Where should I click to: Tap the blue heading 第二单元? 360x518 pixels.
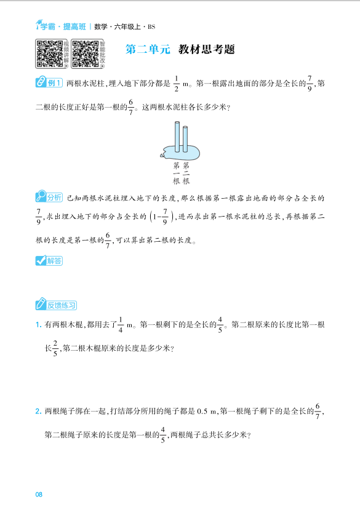pyautogui.click(x=147, y=50)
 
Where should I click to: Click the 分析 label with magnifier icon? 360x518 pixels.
pyautogui.click(x=50, y=197)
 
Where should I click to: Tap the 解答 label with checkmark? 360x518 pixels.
pyautogui.click(x=49, y=261)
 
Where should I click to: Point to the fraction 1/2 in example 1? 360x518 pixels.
pyautogui.click(x=176, y=84)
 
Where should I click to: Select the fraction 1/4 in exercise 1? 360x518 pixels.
pyautogui.click(x=121, y=324)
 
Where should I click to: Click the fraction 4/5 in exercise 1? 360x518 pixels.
pyautogui.click(x=220, y=324)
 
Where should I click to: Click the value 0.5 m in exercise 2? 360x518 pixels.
pyautogui.click(x=207, y=411)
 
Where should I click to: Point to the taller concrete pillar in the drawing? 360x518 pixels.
pyautogui.click(x=177, y=136)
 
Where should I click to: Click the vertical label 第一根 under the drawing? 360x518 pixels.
pyautogui.click(x=177, y=173)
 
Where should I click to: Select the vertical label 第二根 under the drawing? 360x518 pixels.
pyautogui.click(x=186, y=173)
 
